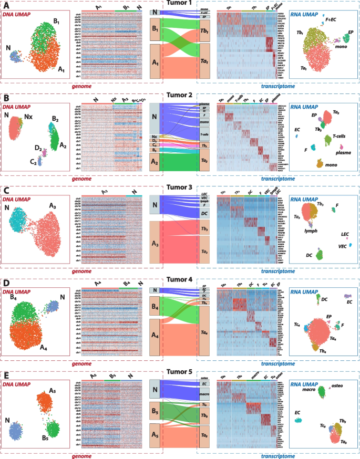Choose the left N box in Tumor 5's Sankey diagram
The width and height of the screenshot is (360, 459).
(155, 389)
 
